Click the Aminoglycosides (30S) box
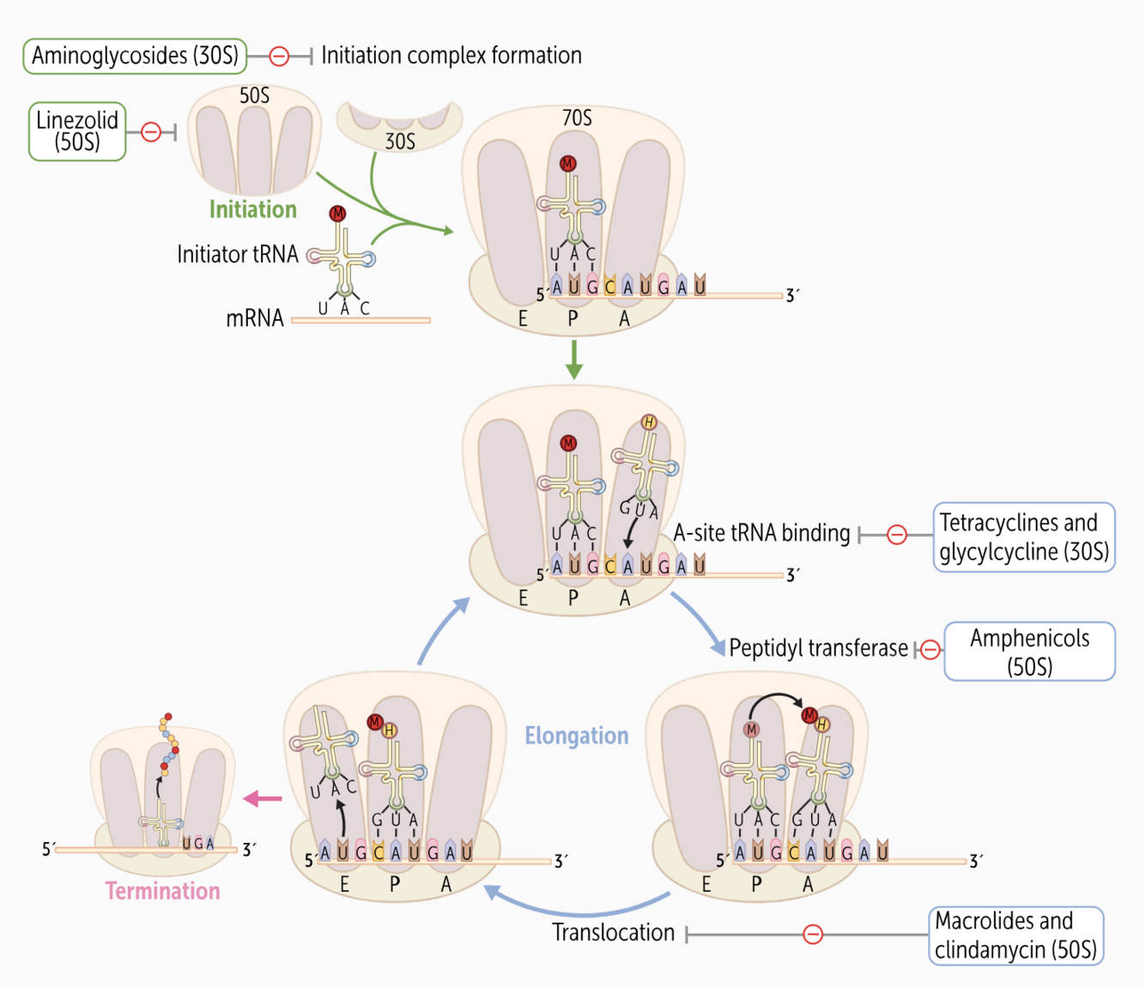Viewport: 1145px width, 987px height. click(x=135, y=56)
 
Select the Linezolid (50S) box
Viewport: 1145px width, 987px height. click(x=77, y=131)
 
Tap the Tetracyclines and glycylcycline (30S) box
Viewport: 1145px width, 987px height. click(x=1023, y=537)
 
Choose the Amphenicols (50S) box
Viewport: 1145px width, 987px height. click(x=1029, y=651)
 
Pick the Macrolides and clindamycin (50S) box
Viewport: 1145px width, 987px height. click(x=1015, y=936)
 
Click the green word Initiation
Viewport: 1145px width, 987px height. click(x=253, y=209)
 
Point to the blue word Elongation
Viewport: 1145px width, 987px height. click(x=577, y=736)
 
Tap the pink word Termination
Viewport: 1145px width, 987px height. click(x=163, y=891)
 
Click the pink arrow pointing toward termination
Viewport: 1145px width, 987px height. click(x=263, y=799)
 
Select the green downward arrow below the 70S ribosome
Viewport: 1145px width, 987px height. click(x=574, y=359)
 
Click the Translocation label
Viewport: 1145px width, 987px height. click(x=614, y=933)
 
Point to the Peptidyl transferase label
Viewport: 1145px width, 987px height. click(x=818, y=648)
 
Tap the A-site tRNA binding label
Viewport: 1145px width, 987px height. click(x=761, y=533)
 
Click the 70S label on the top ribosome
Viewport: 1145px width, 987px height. click(x=577, y=118)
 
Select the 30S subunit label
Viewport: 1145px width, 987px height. click(x=400, y=141)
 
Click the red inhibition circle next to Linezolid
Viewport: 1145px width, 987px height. click(x=151, y=132)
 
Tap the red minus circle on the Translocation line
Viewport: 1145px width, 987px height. click(x=813, y=934)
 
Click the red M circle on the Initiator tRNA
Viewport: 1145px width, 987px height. click(x=337, y=214)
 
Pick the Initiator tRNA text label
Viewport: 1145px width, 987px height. click(x=238, y=254)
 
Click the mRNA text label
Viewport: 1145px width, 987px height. click(x=255, y=318)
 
